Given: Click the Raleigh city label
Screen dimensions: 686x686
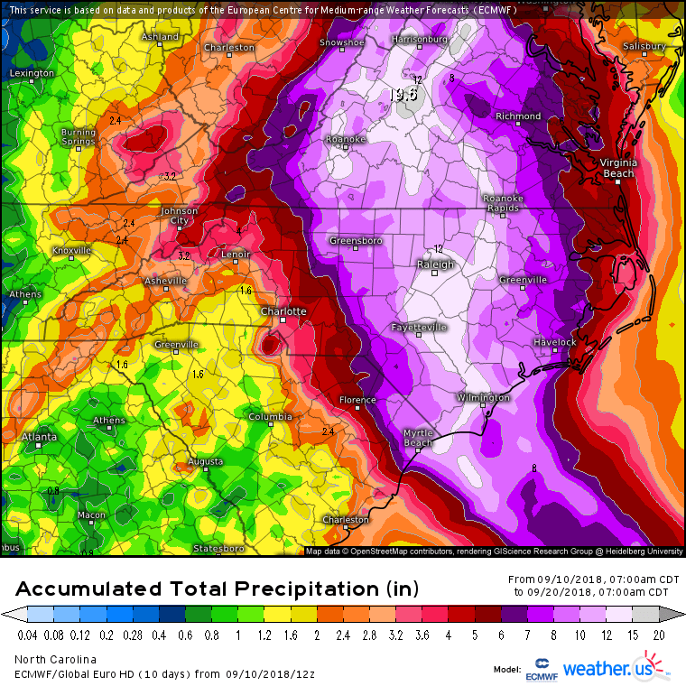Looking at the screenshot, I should coord(435,264).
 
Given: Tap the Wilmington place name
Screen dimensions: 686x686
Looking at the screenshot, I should coord(483,397).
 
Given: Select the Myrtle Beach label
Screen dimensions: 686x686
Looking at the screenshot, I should coord(417,438).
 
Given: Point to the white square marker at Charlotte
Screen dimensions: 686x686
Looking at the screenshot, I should coord(283,320).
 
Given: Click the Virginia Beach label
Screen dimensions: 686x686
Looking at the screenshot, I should coord(618,167).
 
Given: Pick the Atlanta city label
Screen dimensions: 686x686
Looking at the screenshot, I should coord(38,437).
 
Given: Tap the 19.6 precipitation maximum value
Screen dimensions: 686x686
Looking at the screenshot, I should coord(403,94).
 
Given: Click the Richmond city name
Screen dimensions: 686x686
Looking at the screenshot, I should coord(518,116).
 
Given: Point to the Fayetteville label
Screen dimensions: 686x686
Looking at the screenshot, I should coord(419,327).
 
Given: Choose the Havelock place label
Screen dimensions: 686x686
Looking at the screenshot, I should coord(553,342).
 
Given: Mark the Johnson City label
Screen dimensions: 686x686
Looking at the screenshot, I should coord(179,216).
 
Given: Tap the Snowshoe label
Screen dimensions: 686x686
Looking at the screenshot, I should coord(344,42).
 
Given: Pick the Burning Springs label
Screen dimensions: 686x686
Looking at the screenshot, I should coord(79,136).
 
